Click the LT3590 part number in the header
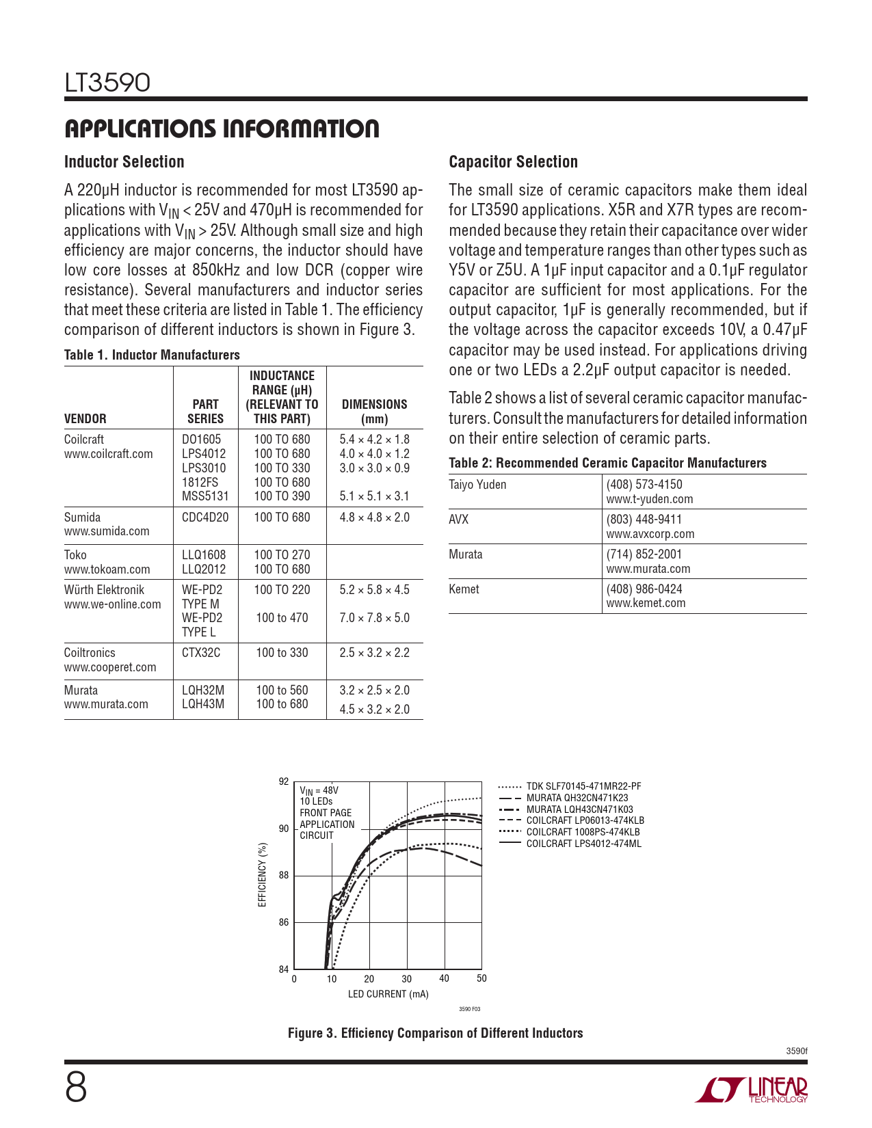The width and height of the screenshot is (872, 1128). point(107,83)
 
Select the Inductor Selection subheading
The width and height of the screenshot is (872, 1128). point(124,162)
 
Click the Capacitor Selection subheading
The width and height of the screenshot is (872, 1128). point(513,162)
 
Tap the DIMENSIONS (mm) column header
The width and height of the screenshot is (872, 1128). point(374,412)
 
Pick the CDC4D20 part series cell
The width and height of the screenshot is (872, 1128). point(205,518)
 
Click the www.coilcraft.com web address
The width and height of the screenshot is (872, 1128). point(109,454)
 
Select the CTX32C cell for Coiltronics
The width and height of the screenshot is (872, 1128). point(201,653)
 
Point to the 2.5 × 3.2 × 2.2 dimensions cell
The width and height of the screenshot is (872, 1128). point(374,653)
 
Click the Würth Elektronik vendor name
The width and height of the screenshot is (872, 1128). point(104,590)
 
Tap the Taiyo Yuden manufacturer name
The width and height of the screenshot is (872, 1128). point(477,485)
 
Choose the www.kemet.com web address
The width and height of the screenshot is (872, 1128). point(646,603)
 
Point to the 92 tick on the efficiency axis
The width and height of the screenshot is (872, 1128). point(284,781)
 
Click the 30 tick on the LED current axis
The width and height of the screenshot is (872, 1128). point(407,979)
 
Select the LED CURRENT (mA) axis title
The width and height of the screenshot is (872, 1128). point(388,994)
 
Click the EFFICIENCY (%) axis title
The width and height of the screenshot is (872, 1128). point(263,874)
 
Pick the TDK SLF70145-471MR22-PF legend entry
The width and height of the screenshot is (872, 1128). point(583,787)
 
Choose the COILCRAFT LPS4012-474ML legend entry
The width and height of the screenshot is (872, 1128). point(583,844)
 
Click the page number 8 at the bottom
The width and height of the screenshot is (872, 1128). point(76,1088)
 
